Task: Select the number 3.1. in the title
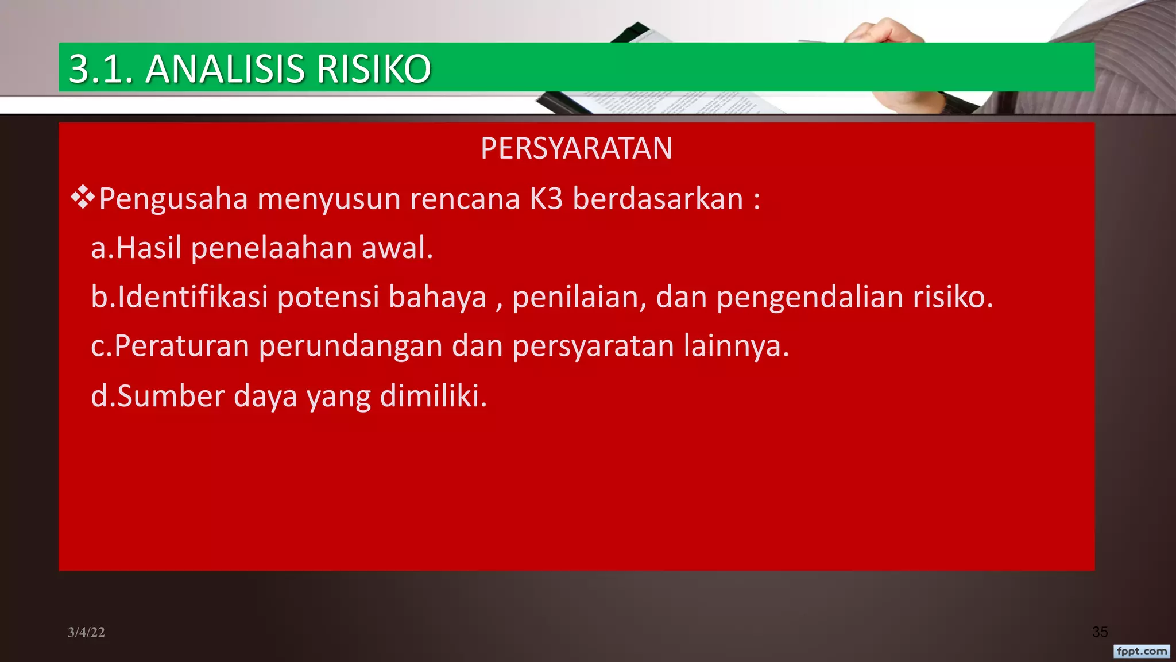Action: (x=101, y=69)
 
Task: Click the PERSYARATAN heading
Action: (x=577, y=148)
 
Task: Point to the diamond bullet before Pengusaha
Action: (x=83, y=197)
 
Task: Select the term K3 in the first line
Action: (x=546, y=199)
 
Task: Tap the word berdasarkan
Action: (x=658, y=199)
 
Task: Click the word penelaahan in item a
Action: (x=272, y=248)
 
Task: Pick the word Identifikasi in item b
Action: (x=193, y=297)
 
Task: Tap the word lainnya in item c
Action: (x=736, y=347)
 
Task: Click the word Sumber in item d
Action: (x=171, y=396)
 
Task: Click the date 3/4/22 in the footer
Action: (x=86, y=632)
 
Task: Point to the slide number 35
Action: (x=1100, y=632)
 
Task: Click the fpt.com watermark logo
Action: (x=1142, y=651)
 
